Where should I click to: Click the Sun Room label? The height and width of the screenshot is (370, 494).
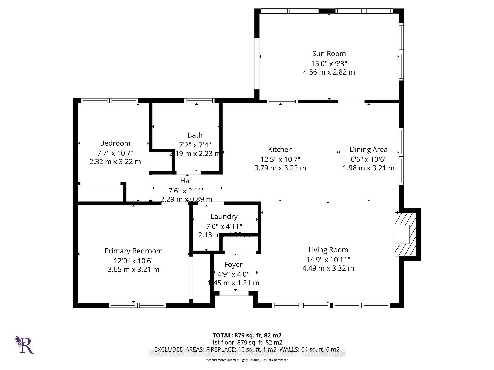329,54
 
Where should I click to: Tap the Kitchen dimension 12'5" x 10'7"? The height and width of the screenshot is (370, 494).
280,159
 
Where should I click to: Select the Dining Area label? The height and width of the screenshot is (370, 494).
368,149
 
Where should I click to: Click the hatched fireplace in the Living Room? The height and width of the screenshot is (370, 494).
405,234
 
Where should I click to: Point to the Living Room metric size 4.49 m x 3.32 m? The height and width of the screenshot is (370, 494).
328,268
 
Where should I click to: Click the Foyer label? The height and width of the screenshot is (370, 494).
233,264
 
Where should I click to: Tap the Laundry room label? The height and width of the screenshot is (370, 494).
224,216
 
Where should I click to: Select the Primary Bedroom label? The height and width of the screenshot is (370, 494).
134,251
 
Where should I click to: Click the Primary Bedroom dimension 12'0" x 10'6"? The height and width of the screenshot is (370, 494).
134,261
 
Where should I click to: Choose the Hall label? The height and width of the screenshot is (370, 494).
187,181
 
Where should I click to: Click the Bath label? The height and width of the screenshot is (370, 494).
195,135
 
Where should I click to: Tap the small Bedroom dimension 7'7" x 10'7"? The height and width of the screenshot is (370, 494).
115,153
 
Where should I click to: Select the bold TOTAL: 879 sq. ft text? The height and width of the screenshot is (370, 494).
247,335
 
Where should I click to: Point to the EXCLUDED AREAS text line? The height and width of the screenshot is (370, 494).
247,349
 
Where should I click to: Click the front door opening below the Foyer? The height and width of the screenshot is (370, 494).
234,293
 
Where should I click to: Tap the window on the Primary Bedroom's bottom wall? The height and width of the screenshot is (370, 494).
137,305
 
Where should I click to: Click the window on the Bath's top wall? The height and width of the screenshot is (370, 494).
199,101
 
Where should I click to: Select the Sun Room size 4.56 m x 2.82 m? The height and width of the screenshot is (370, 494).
329,72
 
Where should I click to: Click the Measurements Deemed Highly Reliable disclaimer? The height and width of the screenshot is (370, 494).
247,360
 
